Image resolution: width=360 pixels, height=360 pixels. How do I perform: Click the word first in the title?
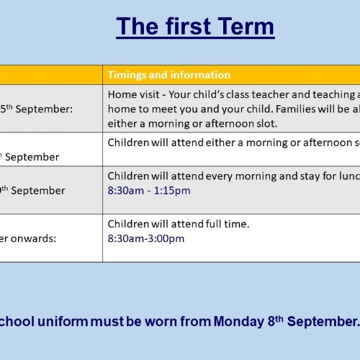[x=189, y=26]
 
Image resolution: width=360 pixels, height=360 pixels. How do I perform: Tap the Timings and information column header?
[x=169, y=75]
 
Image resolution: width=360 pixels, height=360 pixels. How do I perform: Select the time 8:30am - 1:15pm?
[x=149, y=191]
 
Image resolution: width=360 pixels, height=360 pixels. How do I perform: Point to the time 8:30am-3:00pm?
[x=146, y=238]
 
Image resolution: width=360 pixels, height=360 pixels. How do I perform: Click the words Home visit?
[x=133, y=94]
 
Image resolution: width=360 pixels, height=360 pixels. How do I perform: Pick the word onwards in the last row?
[x=33, y=238]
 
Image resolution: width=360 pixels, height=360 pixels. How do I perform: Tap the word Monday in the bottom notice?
[x=239, y=322]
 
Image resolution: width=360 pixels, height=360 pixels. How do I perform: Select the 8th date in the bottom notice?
[x=276, y=321]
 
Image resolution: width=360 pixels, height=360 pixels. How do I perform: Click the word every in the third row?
[x=219, y=176]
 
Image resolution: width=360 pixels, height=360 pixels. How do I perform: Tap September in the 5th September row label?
[x=44, y=109]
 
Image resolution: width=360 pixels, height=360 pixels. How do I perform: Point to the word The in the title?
[x=138, y=26]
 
